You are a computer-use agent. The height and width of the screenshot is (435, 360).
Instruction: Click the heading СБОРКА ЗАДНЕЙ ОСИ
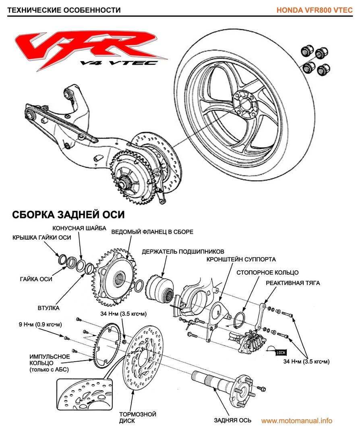(x=68, y=214)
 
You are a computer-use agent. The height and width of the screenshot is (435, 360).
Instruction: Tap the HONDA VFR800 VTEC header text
(x=314, y=10)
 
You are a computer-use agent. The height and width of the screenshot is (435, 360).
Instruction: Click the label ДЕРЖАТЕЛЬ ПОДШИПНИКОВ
(x=183, y=252)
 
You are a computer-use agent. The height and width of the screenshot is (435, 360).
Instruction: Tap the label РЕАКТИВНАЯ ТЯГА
(x=293, y=283)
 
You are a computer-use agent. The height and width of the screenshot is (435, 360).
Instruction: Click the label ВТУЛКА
(x=50, y=308)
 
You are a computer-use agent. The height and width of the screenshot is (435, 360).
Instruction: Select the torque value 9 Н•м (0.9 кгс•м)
(x=34, y=324)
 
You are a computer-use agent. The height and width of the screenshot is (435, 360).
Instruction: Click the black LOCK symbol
(x=281, y=352)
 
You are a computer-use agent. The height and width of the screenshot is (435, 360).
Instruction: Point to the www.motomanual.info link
(x=297, y=420)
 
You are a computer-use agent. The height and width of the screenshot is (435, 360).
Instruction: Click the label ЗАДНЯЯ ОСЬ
(x=233, y=420)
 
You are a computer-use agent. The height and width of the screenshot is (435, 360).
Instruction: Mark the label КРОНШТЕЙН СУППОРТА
(x=241, y=259)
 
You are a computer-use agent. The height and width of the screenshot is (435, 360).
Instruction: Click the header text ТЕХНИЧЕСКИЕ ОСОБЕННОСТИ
(x=64, y=10)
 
